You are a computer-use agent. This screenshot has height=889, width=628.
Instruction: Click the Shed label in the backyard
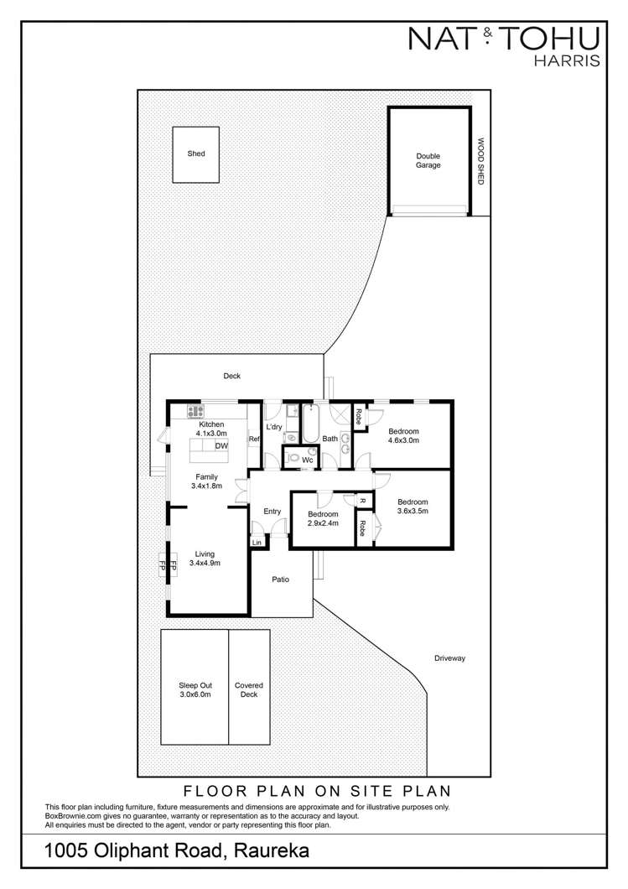(x=196, y=153)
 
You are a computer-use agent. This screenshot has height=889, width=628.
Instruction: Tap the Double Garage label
(x=428, y=161)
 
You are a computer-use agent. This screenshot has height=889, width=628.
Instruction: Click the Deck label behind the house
(x=231, y=377)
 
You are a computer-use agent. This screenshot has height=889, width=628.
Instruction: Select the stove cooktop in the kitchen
(x=196, y=411)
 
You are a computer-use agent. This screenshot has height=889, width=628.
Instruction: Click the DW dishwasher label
(x=221, y=446)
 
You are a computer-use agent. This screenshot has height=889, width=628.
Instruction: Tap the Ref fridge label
(x=252, y=439)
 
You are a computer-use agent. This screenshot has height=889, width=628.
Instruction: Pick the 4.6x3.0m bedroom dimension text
(x=403, y=442)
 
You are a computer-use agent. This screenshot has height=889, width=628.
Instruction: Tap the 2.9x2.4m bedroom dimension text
(x=322, y=523)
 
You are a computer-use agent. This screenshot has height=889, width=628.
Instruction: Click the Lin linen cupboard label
(x=257, y=543)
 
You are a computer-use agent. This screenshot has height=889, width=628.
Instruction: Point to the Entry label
(x=272, y=512)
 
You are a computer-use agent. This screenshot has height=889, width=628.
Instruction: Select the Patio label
(x=281, y=579)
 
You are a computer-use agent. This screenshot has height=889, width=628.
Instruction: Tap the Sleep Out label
(x=194, y=684)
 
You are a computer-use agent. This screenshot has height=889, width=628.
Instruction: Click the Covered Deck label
(x=248, y=689)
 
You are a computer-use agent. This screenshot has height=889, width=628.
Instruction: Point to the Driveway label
(x=449, y=658)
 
